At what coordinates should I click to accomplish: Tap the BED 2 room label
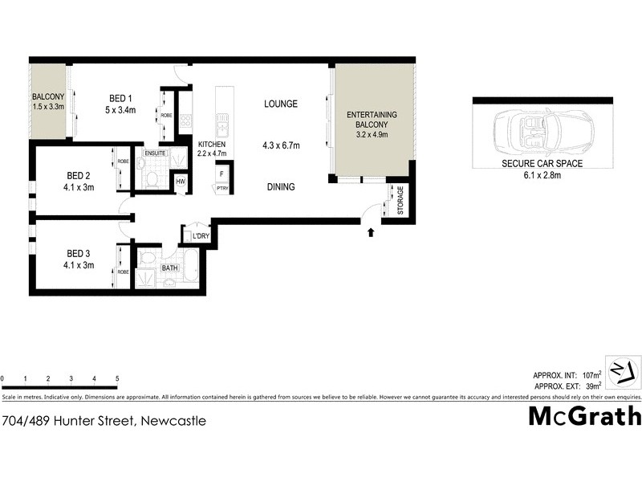point(78,175)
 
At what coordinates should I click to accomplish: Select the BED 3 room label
point(78,253)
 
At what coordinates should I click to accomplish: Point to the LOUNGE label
point(281,104)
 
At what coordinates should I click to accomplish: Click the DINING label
point(281,187)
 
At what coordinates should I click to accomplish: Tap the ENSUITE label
point(155,153)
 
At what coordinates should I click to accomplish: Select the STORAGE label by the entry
point(400,201)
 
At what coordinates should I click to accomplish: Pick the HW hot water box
point(181,182)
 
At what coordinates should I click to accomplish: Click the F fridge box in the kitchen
point(221,172)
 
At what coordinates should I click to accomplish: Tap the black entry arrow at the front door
point(370,234)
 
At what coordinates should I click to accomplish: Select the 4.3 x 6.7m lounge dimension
point(281,145)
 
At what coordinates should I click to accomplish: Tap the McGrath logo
point(585,416)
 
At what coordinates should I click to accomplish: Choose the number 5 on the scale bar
point(117,378)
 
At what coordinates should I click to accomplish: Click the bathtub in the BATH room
point(190,267)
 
